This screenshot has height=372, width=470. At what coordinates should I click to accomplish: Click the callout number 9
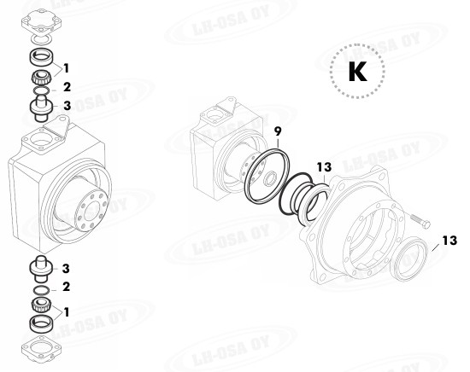point(278,131)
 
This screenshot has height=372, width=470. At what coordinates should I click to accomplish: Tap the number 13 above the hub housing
point(323,167)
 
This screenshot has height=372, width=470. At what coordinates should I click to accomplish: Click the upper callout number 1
point(67,67)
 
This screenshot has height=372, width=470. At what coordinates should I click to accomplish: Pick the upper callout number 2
point(67,86)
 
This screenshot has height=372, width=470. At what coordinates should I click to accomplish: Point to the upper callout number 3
point(67,106)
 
